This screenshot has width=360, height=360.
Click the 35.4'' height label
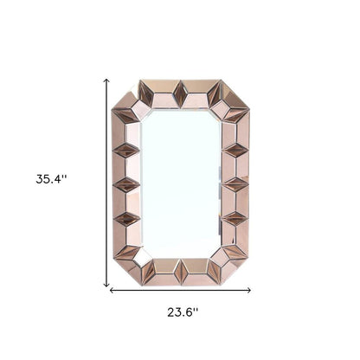52,179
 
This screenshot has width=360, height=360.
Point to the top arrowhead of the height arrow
106,80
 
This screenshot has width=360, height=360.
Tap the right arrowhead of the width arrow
249,291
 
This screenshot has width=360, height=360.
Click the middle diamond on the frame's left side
127,184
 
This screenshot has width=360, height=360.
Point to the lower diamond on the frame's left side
127,218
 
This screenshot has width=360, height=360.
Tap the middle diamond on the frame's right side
236,184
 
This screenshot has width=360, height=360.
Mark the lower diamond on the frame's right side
236,218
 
